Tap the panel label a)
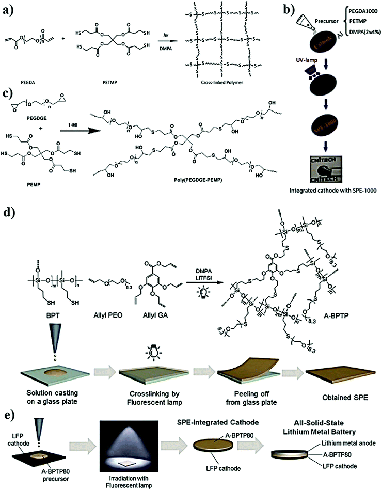11,8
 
